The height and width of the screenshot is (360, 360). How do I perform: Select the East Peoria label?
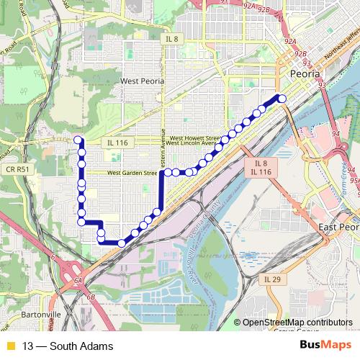pos(338,227)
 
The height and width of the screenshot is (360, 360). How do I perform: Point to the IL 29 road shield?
pos(272,279)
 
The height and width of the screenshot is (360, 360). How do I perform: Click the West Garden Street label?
pos(132,174)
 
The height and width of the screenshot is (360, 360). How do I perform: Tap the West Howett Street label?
pos(194,138)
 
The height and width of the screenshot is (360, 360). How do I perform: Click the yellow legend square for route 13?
pos(9,346)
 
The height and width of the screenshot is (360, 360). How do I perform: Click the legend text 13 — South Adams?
pos(68,346)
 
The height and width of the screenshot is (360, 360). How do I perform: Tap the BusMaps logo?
pos(325,346)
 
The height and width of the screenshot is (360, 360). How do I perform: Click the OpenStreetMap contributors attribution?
pos(297,323)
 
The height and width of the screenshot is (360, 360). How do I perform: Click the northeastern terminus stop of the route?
pos(282,98)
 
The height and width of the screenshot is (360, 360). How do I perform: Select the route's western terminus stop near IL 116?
pos(77,140)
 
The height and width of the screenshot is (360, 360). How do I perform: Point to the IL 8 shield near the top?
pos(171,39)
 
